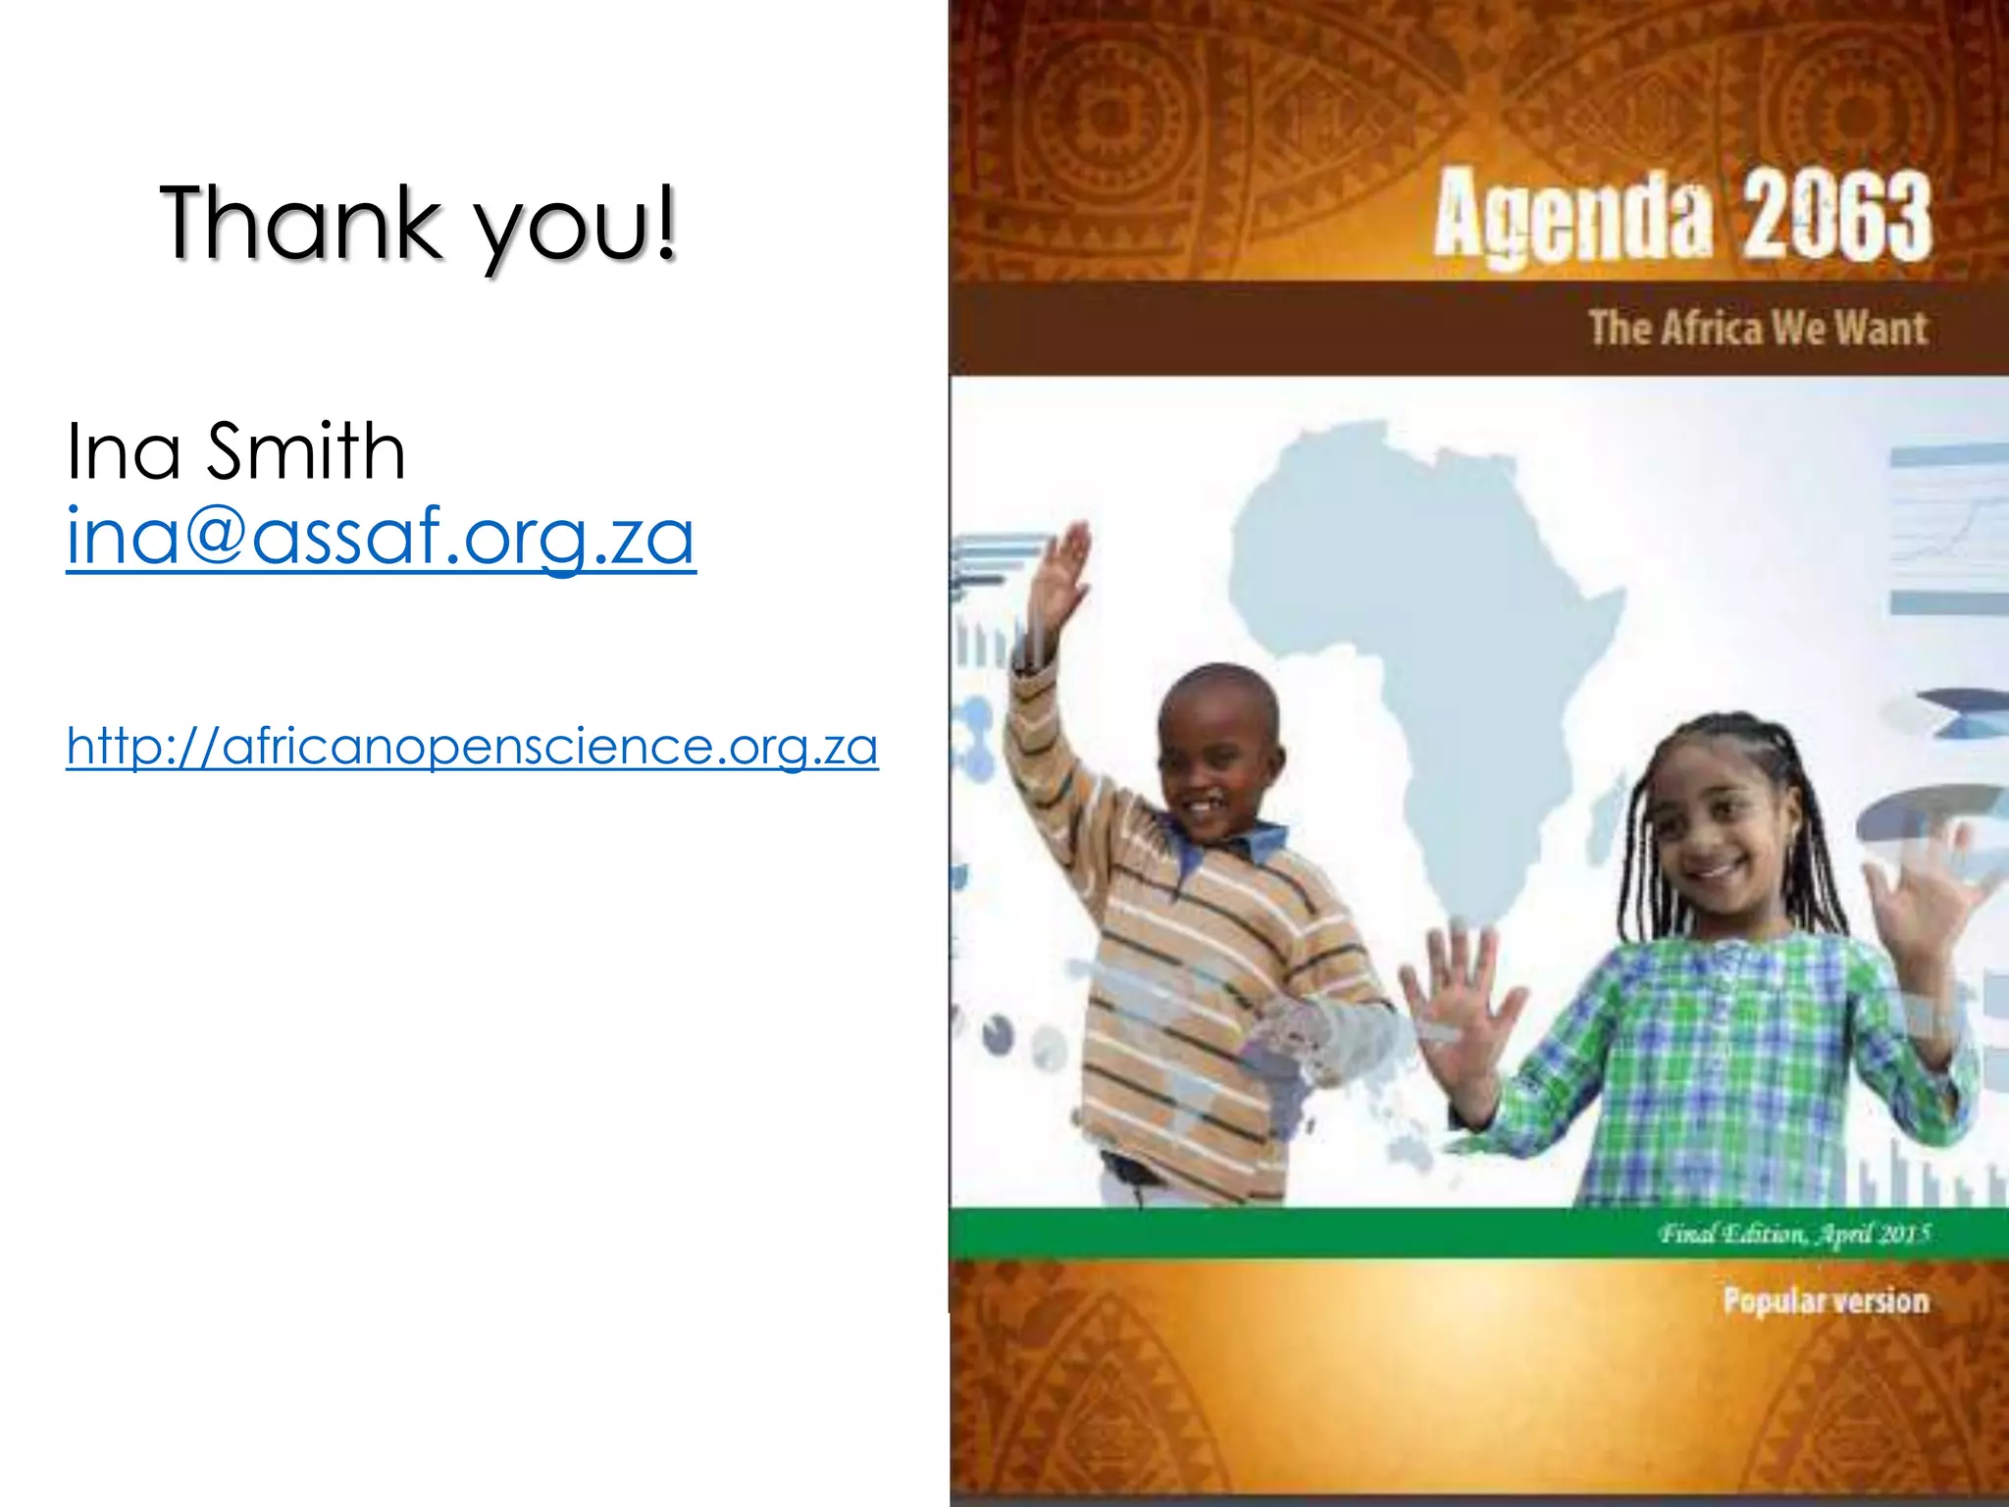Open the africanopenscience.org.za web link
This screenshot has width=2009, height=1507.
[x=472, y=747]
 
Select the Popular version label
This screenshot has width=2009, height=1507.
[x=1826, y=1301]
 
